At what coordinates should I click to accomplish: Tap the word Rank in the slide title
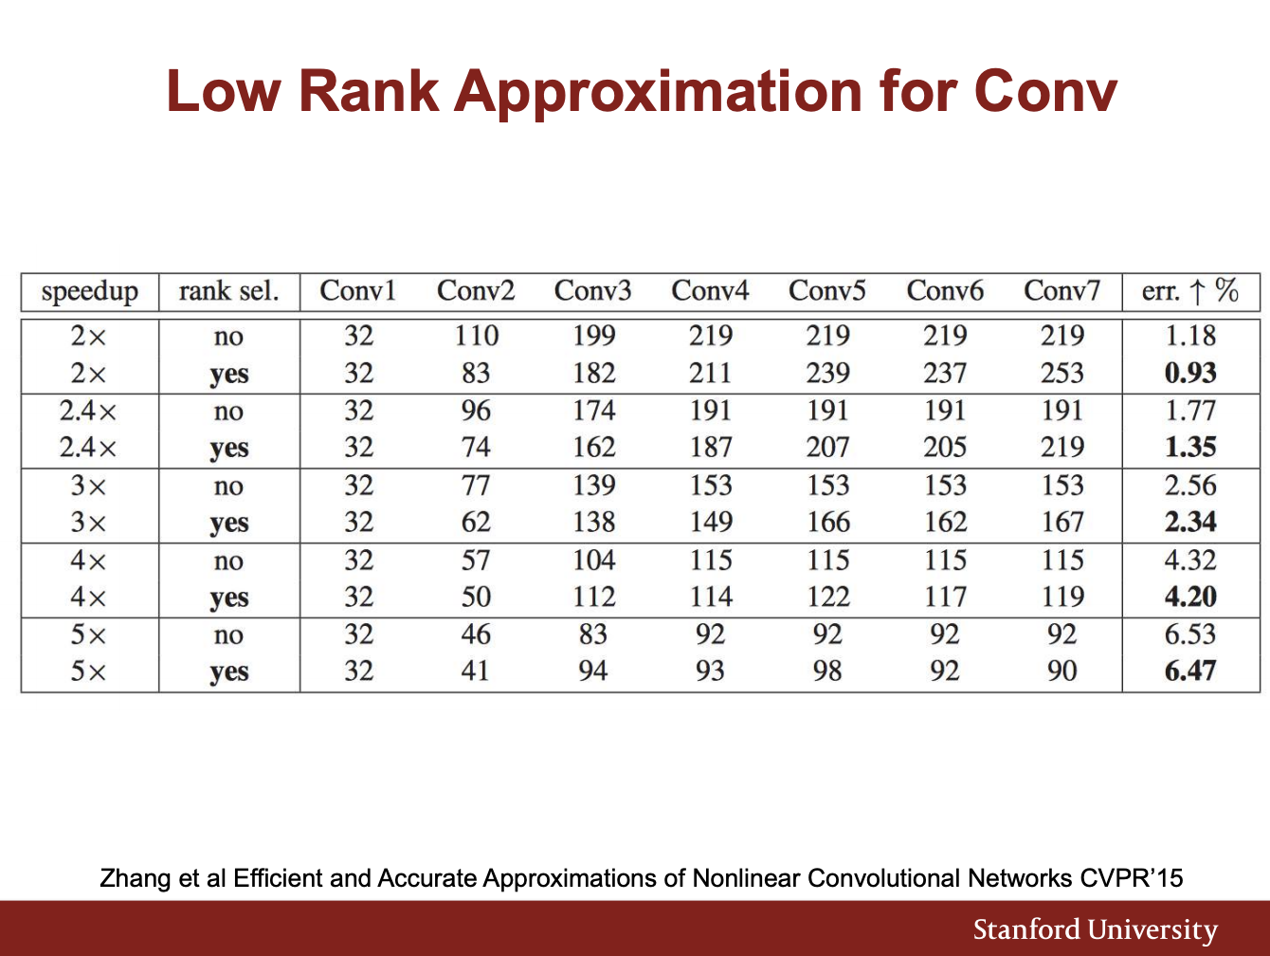[x=369, y=91]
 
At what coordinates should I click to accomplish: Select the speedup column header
[x=90, y=292]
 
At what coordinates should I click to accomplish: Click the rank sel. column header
[x=228, y=290]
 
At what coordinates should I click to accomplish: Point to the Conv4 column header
[x=710, y=290]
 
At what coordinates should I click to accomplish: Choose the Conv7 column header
[x=1061, y=290]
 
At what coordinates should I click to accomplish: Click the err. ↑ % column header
[x=1190, y=290]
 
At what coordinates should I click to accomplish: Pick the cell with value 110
[x=476, y=336]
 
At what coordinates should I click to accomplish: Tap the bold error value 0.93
[x=1190, y=373]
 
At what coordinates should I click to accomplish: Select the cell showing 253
[x=1061, y=373]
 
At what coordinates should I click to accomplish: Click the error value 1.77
[x=1190, y=411]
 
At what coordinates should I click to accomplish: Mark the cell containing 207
[x=827, y=448]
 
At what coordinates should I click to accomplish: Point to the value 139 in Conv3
[x=593, y=486]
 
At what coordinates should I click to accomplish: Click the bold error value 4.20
[x=1190, y=597]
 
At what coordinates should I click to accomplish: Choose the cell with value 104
[x=593, y=560]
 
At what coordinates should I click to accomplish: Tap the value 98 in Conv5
[x=827, y=671]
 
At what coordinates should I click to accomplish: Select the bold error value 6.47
[x=1190, y=671]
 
